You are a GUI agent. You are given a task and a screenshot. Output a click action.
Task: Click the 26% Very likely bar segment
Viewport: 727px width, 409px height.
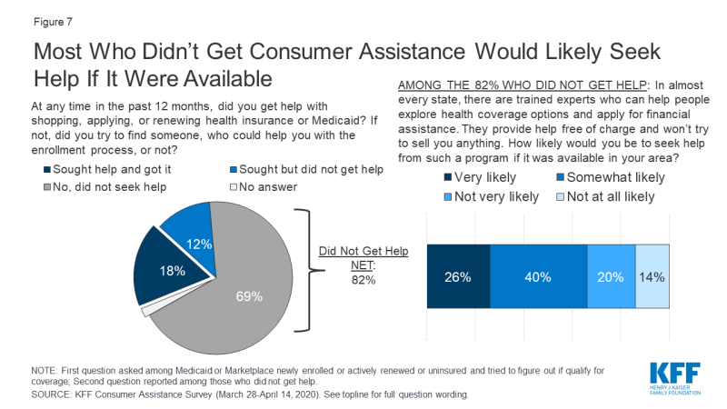coord(458,277)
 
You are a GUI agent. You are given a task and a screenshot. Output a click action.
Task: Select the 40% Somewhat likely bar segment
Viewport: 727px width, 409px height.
coord(538,277)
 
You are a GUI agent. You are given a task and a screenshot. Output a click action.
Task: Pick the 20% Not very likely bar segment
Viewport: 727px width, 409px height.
coord(611,277)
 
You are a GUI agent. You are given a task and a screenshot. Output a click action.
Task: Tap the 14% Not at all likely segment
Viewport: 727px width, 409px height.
coord(652,277)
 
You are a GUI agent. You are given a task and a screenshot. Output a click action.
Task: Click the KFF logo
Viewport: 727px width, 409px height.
coord(677,377)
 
